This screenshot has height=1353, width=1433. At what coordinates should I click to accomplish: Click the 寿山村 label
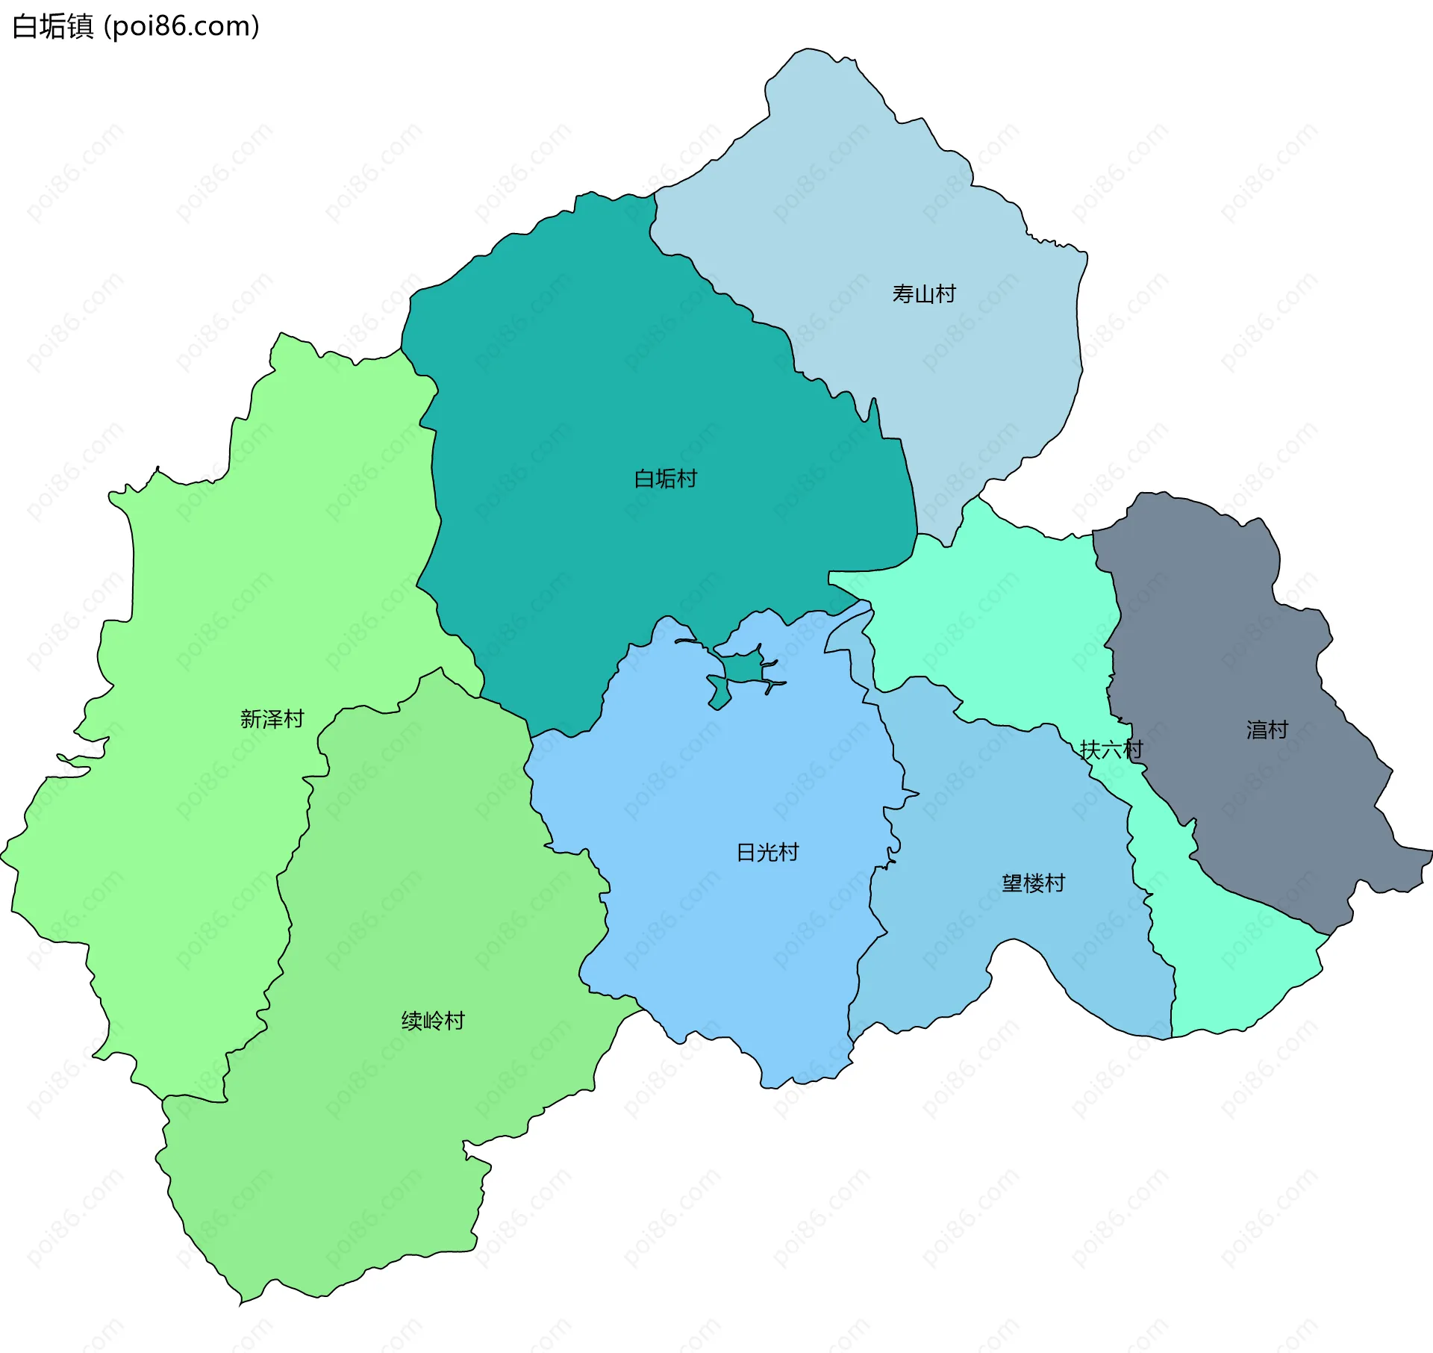tap(923, 294)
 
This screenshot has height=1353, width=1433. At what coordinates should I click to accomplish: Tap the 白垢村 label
tap(665, 479)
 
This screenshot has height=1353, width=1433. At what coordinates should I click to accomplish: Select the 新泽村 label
tap(272, 719)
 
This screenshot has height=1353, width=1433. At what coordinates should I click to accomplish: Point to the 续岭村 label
tap(433, 1021)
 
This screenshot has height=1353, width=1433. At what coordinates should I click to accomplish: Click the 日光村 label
tap(767, 853)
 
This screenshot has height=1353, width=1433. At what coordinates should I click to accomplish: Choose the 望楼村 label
tap(1033, 884)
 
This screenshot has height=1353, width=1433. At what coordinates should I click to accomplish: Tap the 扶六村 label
tap(1111, 750)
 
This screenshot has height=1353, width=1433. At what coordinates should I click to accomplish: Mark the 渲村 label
tap(1267, 730)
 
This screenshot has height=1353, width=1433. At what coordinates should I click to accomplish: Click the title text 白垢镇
tap(53, 26)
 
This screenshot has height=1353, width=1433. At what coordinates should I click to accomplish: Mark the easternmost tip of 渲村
tap(1430, 851)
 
